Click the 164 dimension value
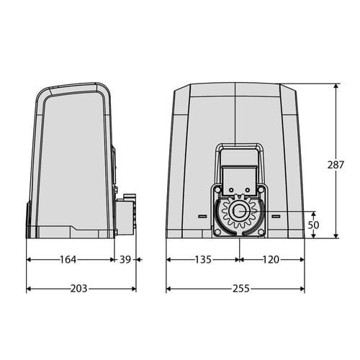[68, 259]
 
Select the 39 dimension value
[125, 259]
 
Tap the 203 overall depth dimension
[78, 288]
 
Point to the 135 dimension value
[203, 259]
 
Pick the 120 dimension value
[271, 259]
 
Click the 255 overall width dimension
[241, 288]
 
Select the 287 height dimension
[336, 165]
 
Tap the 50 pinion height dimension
[313, 225]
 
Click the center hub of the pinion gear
[239, 211]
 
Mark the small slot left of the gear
[202, 216]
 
